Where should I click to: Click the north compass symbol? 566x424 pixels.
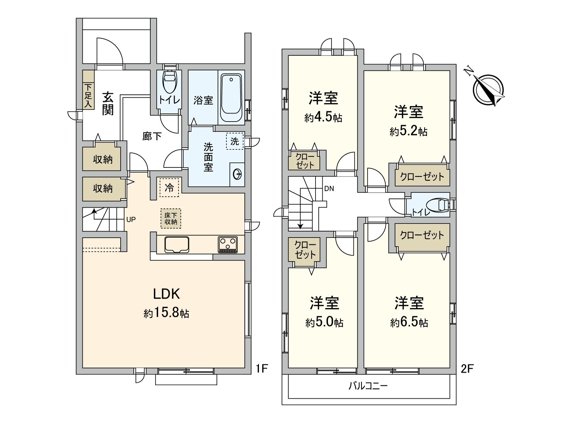[x=488, y=90]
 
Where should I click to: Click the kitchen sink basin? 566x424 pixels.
[x=177, y=245]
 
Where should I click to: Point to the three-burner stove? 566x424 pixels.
[x=228, y=244]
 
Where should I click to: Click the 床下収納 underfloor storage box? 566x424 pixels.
[x=171, y=219]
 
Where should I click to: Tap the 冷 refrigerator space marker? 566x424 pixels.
[x=169, y=187]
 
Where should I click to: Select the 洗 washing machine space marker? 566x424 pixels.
[x=235, y=141]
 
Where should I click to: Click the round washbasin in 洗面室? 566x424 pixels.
[x=237, y=175]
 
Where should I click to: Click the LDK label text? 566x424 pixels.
[x=167, y=294]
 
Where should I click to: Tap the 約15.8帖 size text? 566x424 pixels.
[x=166, y=313]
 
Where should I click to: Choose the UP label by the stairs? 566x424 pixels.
[x=131, y=219]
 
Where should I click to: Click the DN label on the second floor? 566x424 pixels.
[x=329, y=189]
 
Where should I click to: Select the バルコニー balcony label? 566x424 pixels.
[x=368, y=386]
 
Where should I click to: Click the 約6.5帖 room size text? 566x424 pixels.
[x=409, y=323]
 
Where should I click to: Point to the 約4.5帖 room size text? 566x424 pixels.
[x=323, y=118]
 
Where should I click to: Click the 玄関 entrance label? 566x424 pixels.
[x=108, y=104]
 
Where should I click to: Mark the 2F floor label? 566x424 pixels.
[x=467, y=369]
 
